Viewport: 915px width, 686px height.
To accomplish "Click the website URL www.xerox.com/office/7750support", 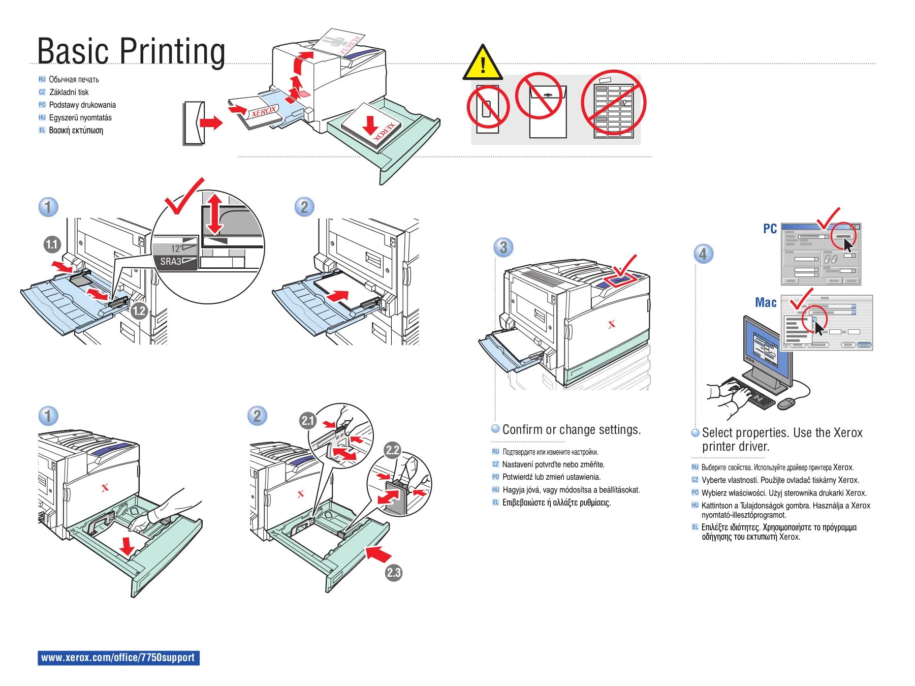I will point(118,658).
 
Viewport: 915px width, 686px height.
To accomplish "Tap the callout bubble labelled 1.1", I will point(52,244).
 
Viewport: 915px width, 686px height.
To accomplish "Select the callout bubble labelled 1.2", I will point(139,311).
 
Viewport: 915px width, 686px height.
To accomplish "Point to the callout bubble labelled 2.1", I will point(308,420).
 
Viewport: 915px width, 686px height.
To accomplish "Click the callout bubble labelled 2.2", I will point(393,450).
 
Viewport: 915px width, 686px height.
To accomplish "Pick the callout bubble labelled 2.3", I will point(394,573).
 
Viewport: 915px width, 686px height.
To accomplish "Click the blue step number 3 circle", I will point(503,247).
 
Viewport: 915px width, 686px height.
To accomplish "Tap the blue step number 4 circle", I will point(703,254).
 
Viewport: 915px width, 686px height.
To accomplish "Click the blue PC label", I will point(770,229).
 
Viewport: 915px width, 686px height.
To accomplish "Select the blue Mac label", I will point(766,303).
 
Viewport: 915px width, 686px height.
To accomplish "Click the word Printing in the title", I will point(172,51).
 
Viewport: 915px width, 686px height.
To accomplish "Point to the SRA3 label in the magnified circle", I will point(171,262).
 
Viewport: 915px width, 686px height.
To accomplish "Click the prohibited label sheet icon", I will point(613,105).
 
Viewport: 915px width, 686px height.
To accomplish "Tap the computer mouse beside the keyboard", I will point(785,403).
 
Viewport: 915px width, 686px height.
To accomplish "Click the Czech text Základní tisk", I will point(69,92).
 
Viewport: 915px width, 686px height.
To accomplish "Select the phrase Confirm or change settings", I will point(571,430).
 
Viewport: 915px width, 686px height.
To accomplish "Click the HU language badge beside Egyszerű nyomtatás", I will point(42,117).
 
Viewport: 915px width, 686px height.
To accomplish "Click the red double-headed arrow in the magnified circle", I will point(214,213).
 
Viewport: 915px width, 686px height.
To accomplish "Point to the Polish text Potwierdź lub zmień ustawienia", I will point(551,477).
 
